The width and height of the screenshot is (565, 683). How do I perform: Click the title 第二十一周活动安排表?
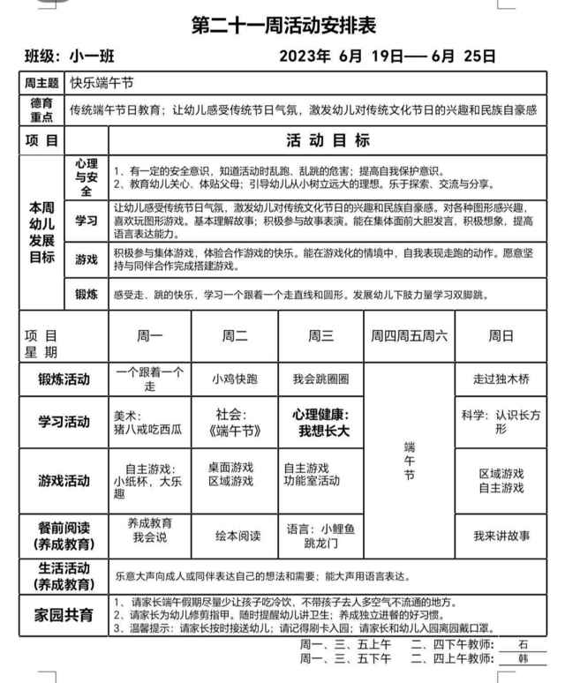coord(282,26)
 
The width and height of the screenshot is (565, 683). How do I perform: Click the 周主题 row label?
coord(42,84)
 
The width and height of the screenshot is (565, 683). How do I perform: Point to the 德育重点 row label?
coord(42,109)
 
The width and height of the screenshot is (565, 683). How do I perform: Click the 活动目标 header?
coord(328,139)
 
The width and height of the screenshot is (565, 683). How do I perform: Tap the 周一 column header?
coord(149,336)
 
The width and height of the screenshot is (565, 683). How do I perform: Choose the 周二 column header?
coord(234,336)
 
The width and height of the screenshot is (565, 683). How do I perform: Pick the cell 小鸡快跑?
coord(234,379)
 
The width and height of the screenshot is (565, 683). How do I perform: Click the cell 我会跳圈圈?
coord(320,379)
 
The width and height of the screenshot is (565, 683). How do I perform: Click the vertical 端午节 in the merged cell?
coord(408,461)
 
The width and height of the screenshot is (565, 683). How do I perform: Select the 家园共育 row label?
coord(64,615)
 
